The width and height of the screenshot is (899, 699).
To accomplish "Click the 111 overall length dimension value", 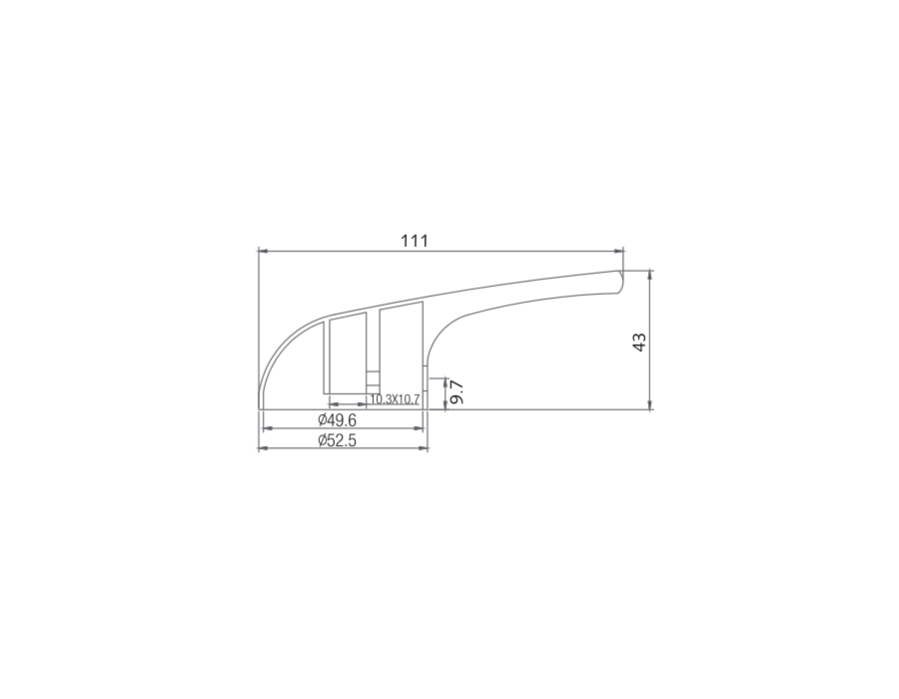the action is coord(414,241).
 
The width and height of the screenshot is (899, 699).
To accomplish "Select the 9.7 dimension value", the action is coord(456,391).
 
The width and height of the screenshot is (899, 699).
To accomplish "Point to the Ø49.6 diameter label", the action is coord(338,420).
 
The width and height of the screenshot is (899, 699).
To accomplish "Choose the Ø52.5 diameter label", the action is coord(338,440).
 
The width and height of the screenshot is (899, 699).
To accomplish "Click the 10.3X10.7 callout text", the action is coord(395,399).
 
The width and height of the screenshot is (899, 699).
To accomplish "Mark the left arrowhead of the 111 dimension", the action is coord(263,251).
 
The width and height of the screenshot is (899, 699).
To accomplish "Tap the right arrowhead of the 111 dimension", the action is coord(619,251).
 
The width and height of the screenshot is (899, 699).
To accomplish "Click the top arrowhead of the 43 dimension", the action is coord(649,275).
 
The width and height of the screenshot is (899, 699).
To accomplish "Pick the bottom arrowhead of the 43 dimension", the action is coord(649,405).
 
